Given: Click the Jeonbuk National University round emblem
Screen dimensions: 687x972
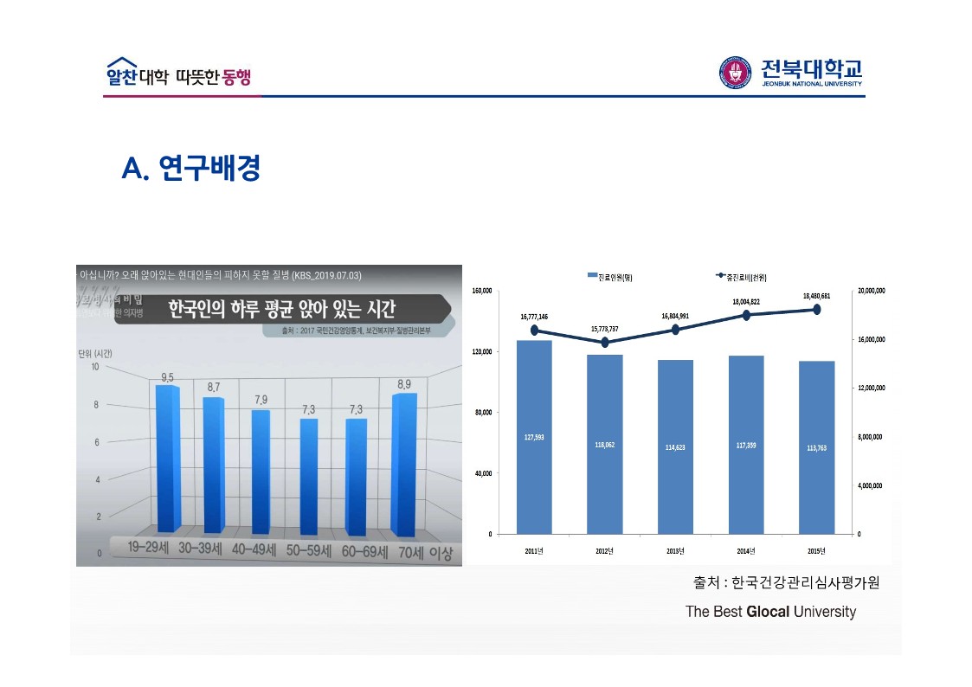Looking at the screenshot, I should pyautogui.click(x=735, y=72).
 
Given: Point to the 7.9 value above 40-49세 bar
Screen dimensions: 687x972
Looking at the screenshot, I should pyautogui.click(x=261, y=399).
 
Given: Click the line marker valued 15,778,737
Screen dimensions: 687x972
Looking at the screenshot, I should pyautogui.click(x=604, y=343).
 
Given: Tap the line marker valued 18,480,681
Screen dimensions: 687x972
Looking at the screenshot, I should pyautogui.click(x=816, y=309).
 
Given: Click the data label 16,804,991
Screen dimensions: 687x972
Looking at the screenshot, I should pyautogui.click(x=675, y=317).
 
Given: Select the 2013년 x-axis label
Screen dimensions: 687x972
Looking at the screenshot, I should pyautogui.click(x=675, y=550).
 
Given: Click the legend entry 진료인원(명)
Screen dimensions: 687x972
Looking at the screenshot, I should pyautogui.click(x=615, y=276).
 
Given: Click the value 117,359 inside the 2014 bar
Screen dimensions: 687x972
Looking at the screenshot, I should pyautogui.click(x=745, y=446).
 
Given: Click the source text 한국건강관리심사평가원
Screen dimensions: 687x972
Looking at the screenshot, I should pyautogui.click(x=805, y=582).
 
